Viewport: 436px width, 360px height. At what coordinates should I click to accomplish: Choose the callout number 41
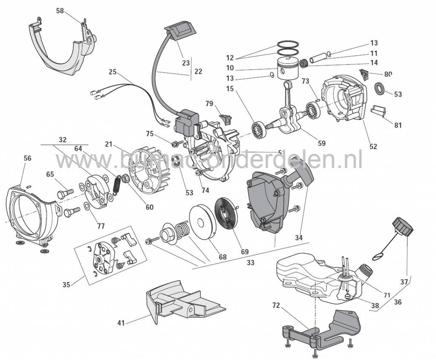pos(122,323)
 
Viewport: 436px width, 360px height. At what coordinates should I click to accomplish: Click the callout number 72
pos(276,305)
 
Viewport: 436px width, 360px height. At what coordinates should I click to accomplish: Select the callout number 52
pos(373,147)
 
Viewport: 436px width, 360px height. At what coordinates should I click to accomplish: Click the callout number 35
pos(66,285)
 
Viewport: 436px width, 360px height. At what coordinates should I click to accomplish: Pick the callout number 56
pos(27,158)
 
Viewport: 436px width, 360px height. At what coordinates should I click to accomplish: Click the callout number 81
pos(398,126)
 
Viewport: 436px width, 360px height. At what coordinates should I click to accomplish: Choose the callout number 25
pos(112,72)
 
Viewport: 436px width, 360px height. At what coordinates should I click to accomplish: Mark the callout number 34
pos(298,238)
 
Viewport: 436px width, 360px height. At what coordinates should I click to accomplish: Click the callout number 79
pos(209,104)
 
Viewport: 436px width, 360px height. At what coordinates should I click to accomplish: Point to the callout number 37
pos(404,282)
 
